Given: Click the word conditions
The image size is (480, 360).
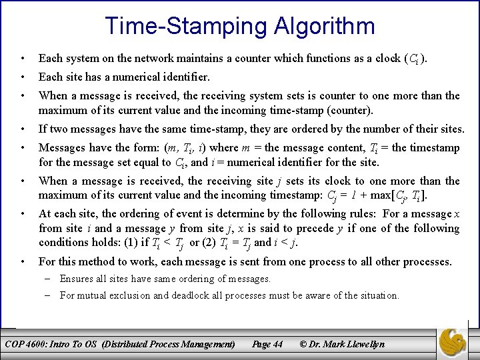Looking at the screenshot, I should pyautogui.click(x=62, y=242).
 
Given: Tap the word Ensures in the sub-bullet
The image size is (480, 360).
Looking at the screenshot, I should pyautogui.click(x=77, y=279).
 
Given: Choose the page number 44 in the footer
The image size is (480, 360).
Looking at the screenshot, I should pyautogui.click(x=277, y=345).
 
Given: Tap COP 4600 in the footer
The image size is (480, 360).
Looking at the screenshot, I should pyautogui.click(x=24, y=345).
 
